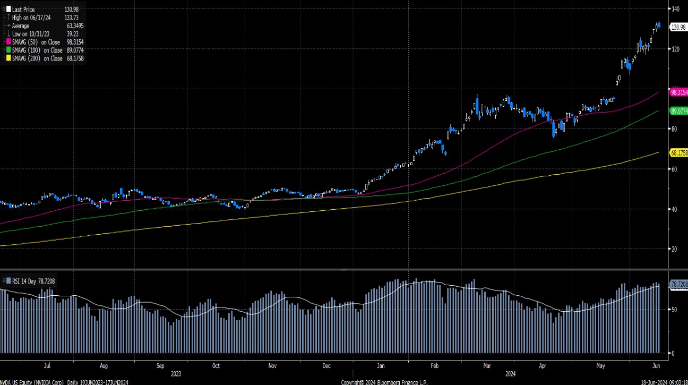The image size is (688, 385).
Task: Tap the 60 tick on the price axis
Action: tap(675, 169)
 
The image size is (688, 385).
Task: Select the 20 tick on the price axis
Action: tap(675, 249)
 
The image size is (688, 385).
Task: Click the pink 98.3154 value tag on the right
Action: tap(679, 92)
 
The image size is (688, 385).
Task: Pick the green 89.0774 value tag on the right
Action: tap(679, 112)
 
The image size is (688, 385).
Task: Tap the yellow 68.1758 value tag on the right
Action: tap(679, 153)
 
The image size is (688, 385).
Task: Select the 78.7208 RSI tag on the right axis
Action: tap(679, 285)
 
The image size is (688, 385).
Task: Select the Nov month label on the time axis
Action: tap(272, 366)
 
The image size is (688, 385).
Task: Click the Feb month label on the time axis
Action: tap(434, 366)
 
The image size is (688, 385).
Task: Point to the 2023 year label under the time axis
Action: tap(176, 373)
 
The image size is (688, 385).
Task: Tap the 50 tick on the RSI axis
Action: tap(674, 309)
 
